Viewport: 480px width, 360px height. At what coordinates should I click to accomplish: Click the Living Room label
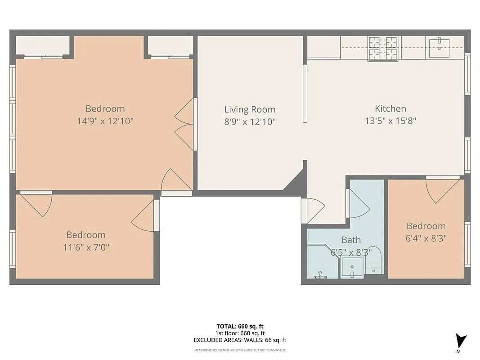point(250,109)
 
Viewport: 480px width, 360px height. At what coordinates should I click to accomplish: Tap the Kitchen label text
point(390,108)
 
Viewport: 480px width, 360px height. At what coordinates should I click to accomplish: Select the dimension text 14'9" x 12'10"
point(105,121)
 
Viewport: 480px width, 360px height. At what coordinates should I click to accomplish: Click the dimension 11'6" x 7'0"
point(86,247)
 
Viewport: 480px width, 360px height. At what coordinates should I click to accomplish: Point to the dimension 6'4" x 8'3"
point(426,238)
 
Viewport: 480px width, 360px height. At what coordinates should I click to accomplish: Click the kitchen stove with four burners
point(383,48)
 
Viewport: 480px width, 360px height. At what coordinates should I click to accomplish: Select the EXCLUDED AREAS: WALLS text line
point(240,340)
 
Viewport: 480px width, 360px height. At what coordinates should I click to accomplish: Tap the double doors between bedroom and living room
point(185,124)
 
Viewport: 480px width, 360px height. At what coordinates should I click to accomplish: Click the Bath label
point(351,240)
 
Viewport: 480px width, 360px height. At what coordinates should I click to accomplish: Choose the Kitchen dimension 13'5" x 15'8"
point(390,121)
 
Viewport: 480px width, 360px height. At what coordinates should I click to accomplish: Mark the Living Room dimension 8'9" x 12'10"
point(250,121)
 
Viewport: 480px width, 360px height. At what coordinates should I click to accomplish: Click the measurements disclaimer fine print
point(240,350)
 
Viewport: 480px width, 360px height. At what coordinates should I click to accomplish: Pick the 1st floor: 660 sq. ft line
point(240,333)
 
